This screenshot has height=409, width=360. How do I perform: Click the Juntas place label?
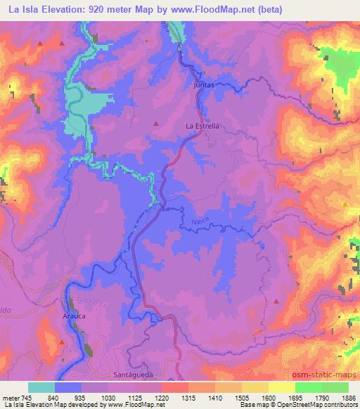pyautogui.click(x=202, y=84)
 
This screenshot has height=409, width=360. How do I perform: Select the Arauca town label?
pyautogui.click(x=75, y=317)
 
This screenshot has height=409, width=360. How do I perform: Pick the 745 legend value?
pyautogui.click(x=27, y=397)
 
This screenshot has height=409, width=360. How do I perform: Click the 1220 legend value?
pyautogui.click(x=161, y=397)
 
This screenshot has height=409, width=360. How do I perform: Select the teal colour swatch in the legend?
pyautogui.click(x=41, y=387)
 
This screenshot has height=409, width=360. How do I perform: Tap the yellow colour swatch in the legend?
pyautogui.click(x=281, y=387)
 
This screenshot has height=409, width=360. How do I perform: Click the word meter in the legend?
pyautogui.click(x=12, y=397)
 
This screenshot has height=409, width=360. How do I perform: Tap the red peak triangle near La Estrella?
pyautogui.click(x=155, y=124)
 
